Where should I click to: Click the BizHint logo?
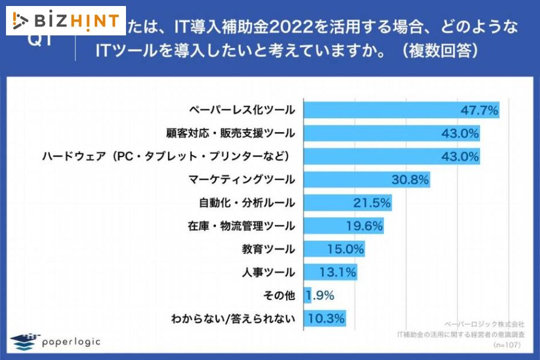(x=66, y=21)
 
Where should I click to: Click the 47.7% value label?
(x=479, y=110)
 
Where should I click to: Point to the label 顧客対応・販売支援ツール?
(x=230, y=133)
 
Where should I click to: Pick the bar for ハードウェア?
(x=392, y=157)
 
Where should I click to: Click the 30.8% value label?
(x=410, y=179)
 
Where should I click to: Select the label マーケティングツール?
(x=241, y=179)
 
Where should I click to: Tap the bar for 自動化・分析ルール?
(x=348, y=203)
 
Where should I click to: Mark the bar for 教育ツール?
(x=334, y=249)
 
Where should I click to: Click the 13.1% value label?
(x=337, y=272)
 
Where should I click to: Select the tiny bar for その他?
(x=307, y=295)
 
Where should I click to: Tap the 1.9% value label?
(x=320, y=295)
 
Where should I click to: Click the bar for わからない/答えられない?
(x=325, y=318)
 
